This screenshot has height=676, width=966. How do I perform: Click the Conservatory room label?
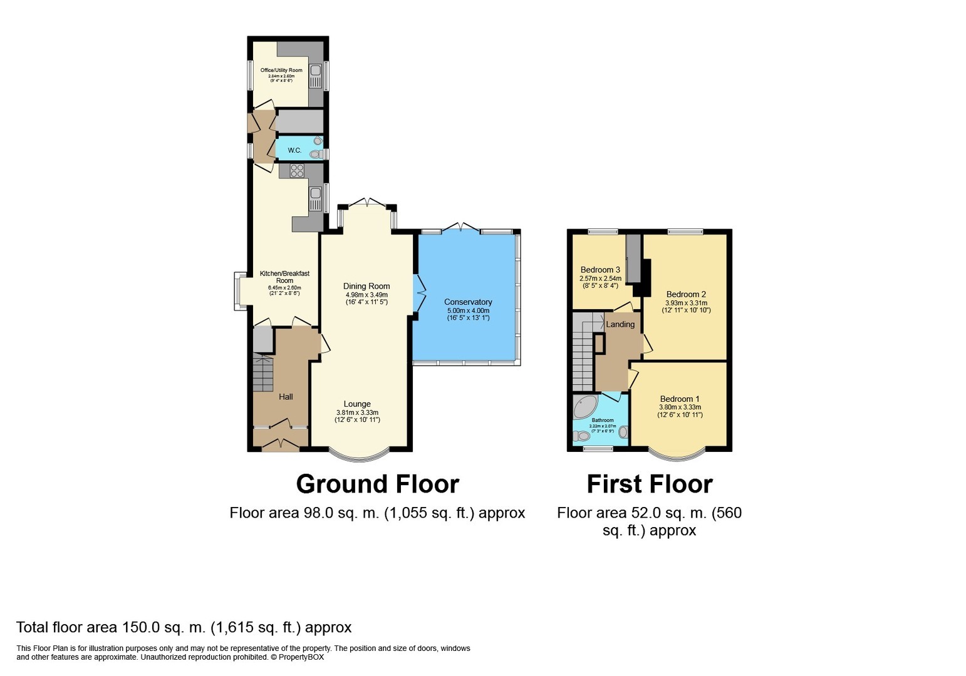(x=468, y=302)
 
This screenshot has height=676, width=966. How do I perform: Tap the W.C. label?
(x=294, y=150)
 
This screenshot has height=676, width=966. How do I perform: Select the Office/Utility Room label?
(x=277, y=70)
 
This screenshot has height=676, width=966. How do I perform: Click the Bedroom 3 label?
(x=600, y=270)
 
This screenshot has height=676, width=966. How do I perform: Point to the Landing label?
(x=620, y=324)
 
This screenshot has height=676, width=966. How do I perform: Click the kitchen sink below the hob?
(x=314, y=198)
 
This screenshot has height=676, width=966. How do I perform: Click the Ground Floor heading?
(x=377, y=484)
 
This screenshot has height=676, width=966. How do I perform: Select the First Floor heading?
(x=649, y=484)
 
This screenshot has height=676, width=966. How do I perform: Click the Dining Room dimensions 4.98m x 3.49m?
(x=366, y=295)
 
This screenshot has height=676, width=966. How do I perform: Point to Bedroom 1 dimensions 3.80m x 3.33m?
(x=680, y=407)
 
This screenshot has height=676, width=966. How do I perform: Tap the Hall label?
(x=286, y=397)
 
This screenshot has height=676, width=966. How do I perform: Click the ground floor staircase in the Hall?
(x=263, y=373)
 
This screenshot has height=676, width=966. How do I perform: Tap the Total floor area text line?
(x=184, y=627)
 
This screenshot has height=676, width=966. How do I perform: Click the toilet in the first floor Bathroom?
(x=581, y=436)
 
